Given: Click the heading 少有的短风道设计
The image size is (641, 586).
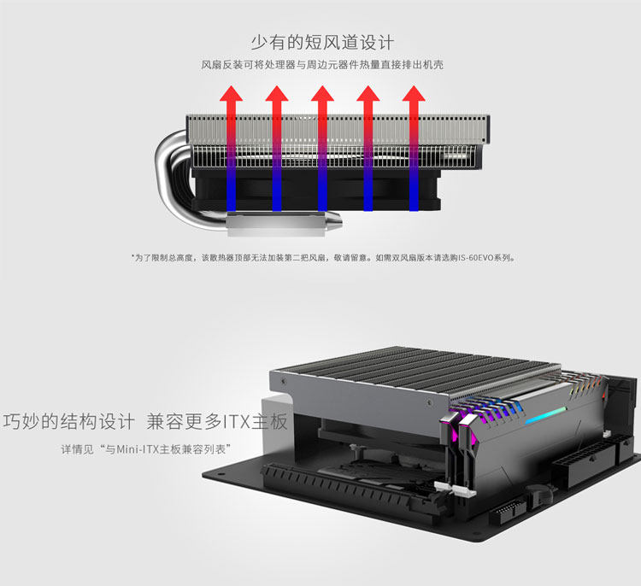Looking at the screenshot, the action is click(321, 42).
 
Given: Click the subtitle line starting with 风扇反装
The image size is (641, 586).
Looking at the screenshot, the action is click(321, 65).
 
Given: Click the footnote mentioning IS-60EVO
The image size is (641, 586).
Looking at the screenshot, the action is click(322, 256).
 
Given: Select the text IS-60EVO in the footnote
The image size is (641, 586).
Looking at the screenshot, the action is click(477, 256).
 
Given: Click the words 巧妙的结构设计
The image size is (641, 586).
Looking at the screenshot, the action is click(69, 422).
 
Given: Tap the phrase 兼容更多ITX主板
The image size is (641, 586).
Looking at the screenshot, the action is click(218, 422).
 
